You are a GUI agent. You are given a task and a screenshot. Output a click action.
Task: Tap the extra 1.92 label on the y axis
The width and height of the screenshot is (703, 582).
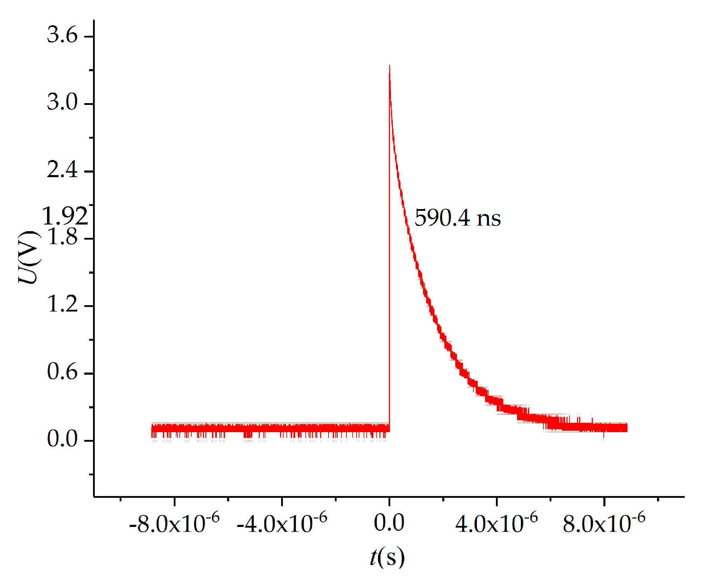(65, 216)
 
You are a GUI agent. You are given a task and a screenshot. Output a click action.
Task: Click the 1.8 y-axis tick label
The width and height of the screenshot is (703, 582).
(62, 237)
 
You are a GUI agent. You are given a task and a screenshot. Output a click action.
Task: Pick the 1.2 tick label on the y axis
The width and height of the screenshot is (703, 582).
(62, 304)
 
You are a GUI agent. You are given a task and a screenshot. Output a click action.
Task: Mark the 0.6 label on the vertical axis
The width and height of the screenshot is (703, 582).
(62, 372)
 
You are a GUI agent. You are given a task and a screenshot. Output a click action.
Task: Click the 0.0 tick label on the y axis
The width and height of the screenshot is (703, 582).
(62, 439)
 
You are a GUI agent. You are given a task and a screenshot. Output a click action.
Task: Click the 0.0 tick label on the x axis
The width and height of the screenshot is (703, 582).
(389, 523)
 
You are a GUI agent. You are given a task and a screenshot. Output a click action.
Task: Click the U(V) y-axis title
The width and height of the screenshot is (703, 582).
(29, 257)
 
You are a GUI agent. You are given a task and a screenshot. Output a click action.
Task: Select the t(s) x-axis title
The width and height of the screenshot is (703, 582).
(387, 557)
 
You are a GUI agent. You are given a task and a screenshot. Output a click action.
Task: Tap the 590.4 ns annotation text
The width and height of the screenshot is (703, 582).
(457, 218)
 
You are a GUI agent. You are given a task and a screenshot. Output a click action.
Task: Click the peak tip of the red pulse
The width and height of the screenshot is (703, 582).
(390, 66)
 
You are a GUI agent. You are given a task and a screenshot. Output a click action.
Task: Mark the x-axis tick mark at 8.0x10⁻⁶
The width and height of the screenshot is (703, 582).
(604, 501)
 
